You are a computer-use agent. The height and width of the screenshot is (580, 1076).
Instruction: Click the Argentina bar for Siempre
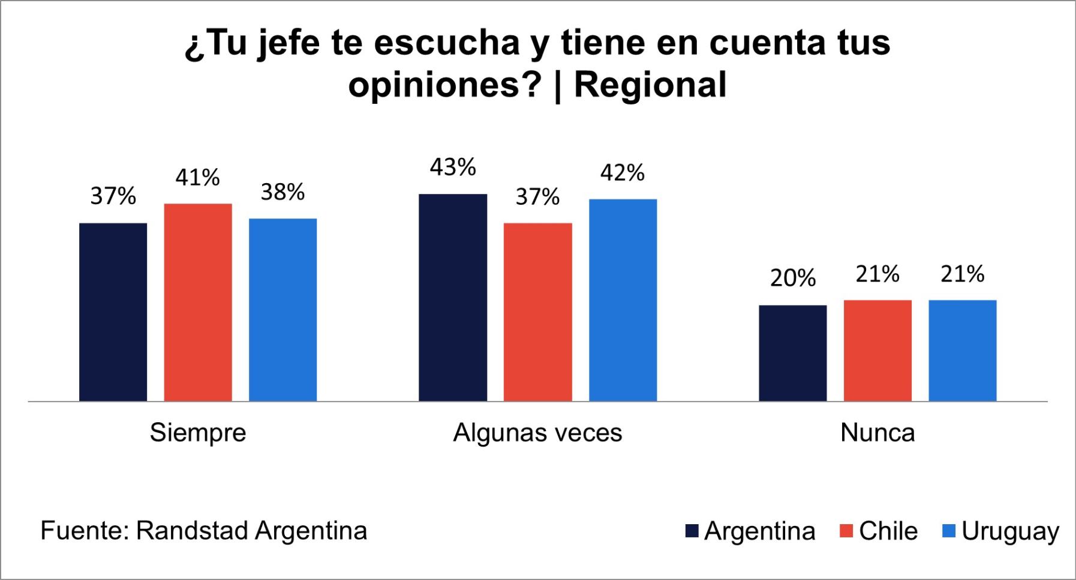click(x=113, y=312)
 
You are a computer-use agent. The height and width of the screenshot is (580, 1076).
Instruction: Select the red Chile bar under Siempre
click(x=198, y=303)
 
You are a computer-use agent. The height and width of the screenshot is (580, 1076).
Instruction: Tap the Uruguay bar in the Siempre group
click(x=282, y=310)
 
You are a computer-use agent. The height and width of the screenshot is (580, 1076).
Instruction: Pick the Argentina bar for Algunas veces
click(x=453, y=298)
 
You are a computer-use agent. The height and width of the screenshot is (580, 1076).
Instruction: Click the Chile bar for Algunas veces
click(x=537, y=312)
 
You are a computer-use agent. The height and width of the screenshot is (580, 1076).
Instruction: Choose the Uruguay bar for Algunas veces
click(x=623, y=300)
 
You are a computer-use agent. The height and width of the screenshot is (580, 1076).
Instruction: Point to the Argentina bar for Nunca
click(x=792, y=353)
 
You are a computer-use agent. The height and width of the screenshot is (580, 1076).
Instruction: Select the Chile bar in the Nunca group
click(x=877, y=351)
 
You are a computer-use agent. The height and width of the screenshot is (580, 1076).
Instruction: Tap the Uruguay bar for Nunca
click(x=962, y=351)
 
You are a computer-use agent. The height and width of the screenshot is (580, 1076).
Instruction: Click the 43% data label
click(x=453, y=168)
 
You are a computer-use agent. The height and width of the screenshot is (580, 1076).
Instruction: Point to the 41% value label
click(x=198, y=178)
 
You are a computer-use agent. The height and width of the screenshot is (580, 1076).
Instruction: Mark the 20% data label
click(x=792, y=279)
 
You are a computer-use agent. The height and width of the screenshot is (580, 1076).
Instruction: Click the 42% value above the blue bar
click(x=623, y=173)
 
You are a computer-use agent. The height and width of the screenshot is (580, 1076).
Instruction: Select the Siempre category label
click(x=198, y=433)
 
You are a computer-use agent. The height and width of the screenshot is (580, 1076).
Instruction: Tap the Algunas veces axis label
click(x=537, y=433)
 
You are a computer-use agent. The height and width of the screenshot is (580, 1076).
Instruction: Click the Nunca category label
click(x=877, y=433)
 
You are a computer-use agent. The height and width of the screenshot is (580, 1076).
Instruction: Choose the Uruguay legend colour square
click(x=949, y=531)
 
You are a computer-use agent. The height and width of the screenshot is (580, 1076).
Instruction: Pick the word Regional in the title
click(x=650, y=85)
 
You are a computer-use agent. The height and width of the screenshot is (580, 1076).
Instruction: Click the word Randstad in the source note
click(x=192, y=531)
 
